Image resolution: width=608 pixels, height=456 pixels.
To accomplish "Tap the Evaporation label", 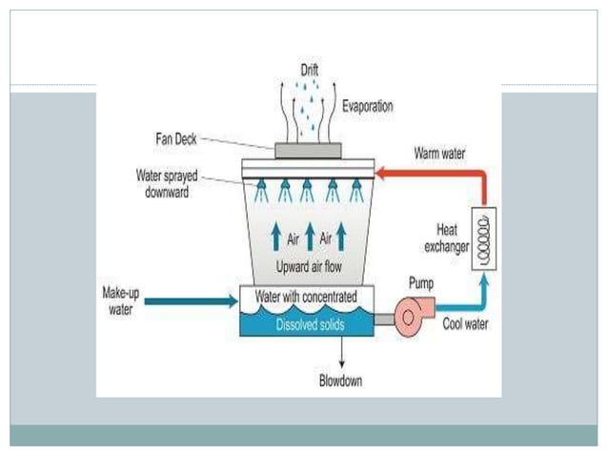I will [367, 107].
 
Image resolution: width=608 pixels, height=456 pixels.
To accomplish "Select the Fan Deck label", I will [178, 138].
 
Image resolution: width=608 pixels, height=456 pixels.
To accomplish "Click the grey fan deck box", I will [308, 150].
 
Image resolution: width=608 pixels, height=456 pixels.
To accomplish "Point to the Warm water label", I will [439, 153].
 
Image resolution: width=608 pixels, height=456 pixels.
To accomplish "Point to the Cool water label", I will [466, 324].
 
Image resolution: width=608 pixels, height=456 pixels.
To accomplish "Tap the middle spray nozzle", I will [308, 190].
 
